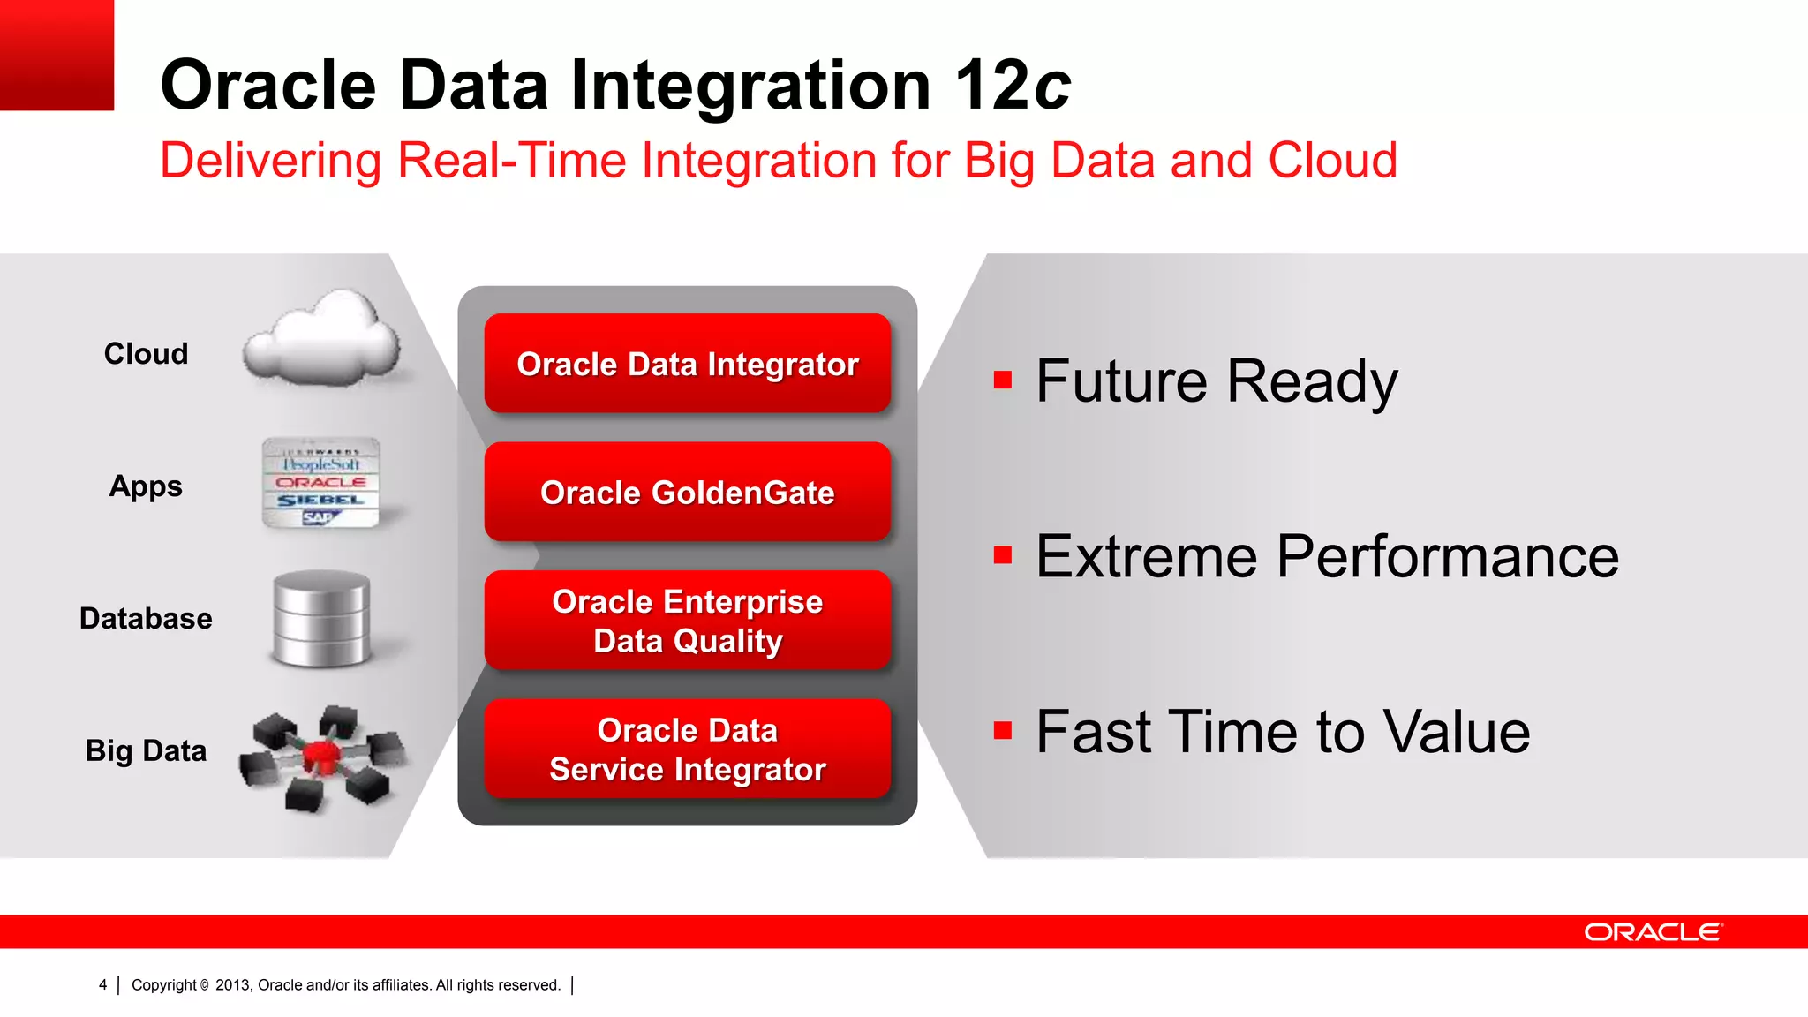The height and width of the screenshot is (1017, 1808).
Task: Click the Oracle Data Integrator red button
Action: click(x=687, y=364)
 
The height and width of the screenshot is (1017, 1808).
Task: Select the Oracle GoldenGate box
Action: click(x=687, y=492)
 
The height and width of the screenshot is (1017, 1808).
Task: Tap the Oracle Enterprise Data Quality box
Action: click(x=687, y=621)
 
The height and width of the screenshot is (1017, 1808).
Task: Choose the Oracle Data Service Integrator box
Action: click(x=687, y=750)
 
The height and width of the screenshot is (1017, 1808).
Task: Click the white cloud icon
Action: click(x=322, y=340)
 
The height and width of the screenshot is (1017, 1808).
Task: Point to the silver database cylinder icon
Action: click(x=321, y=618)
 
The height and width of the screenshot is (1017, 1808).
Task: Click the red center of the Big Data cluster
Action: click(x=320, y=755)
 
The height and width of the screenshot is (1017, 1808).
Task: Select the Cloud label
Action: click(x=146, y=354)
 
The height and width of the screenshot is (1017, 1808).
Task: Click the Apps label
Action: click(x=146, y=486)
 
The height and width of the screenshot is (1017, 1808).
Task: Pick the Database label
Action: click(x=146, y=619)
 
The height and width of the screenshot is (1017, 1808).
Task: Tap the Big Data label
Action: click(x=146, y=751)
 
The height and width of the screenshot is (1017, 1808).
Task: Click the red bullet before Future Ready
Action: click(x=1002, y=380)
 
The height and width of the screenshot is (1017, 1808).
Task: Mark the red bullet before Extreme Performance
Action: click(x=1002, y=555)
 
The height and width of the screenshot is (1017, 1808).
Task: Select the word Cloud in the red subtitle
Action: click(x=1332, y=161)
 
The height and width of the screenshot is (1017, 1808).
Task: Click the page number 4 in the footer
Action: click(x=103, y=985)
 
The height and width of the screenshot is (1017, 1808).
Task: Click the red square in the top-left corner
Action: click(x=56, y=55)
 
